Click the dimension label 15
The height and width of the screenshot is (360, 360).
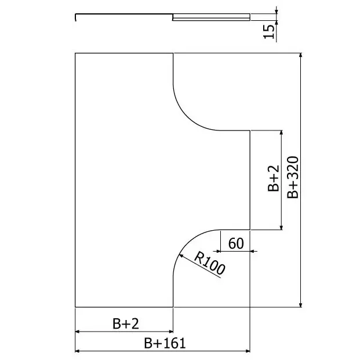point(269,31)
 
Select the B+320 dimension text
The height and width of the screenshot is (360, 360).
point(293,177)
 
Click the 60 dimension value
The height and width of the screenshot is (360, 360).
point(236,243)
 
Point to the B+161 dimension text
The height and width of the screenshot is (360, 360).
point(165,343)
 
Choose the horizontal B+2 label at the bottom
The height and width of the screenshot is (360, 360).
point(126,323)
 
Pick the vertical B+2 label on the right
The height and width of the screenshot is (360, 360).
point(274,179)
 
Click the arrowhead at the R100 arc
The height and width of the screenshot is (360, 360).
point(181,256)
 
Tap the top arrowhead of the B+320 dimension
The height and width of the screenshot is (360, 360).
point(301,55)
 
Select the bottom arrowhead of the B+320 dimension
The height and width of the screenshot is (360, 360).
point(301,305)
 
